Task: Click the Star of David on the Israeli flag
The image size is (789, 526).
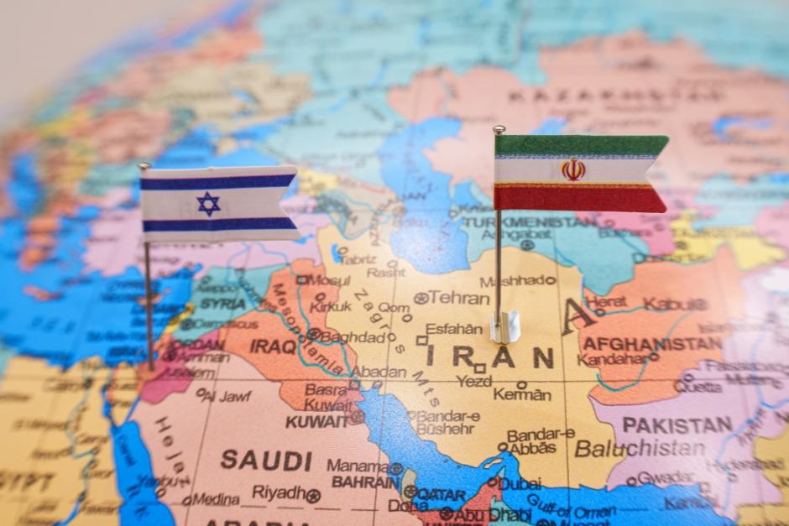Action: coord(208,204)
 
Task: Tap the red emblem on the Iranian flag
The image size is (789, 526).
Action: coord(573,170)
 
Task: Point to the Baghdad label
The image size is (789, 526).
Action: coord(352,336)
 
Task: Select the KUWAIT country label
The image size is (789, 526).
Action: coord(316,421)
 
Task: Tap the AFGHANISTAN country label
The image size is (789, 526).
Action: coord(652,344)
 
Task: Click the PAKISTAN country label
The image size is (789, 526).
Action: coord(677,424)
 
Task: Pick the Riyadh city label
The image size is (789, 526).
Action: coord(279,492)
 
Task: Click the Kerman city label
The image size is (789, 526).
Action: coord(522,394)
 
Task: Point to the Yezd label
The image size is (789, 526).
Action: coord(474,381)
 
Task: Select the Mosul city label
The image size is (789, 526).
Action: coord(327,279)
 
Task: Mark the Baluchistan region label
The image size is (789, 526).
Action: coord(640,448)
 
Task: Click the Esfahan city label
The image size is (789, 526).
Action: coord(454,329)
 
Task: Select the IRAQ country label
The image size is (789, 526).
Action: coord(273,346)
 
